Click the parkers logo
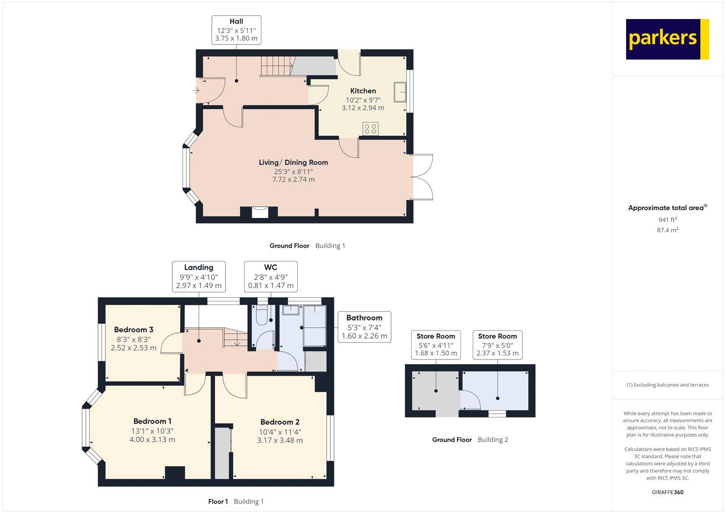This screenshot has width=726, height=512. pos(667,39)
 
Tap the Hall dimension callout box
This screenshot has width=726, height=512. pos(236,30)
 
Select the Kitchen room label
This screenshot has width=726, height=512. pos(363,91)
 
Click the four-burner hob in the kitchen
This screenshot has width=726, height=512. pos(371,128)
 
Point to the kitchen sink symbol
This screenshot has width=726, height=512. pos(400,92)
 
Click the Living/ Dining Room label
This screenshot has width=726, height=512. pos(293,162)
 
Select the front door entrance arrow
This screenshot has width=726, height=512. pos(196,90)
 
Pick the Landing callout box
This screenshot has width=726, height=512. pos(199,276)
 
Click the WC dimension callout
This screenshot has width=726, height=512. pos(270,276)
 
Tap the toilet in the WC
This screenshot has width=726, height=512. pos(262,316)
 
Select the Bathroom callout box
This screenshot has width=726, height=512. pos(364,327)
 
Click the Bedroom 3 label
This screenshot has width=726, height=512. pos(133,330)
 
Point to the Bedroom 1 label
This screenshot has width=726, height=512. pos(152,421)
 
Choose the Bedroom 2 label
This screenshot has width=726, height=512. pos(280,422)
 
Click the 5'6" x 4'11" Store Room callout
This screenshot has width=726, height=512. pos(436,345)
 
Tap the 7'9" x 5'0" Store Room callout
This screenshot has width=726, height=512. pos(497,345)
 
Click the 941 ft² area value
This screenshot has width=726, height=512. pos(667,220)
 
